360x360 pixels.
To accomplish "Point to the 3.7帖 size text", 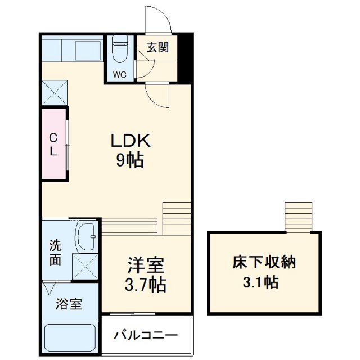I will point(145,285).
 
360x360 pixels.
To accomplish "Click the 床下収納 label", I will point(264,262).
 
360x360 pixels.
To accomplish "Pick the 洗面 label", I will point(55,253).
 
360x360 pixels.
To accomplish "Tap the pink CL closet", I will point(53,145).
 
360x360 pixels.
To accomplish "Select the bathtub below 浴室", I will point(70,337).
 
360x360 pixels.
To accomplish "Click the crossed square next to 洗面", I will point(85,267).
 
